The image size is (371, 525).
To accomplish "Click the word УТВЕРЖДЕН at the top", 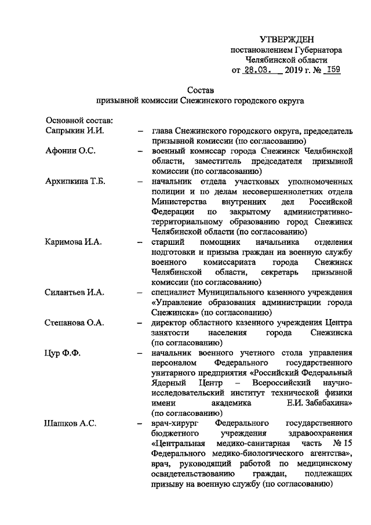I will tap(286, 39).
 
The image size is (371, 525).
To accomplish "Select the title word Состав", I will tap(200, 90).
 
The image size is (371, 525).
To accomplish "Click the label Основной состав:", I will tap(79, 120).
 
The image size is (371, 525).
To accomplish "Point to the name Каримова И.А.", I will tap(74, 241).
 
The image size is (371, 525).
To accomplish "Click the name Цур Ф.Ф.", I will tap(63, 352).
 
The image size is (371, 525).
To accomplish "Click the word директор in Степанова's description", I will tap(169, 322).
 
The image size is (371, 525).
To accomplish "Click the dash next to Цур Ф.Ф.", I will tap(139, 352).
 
